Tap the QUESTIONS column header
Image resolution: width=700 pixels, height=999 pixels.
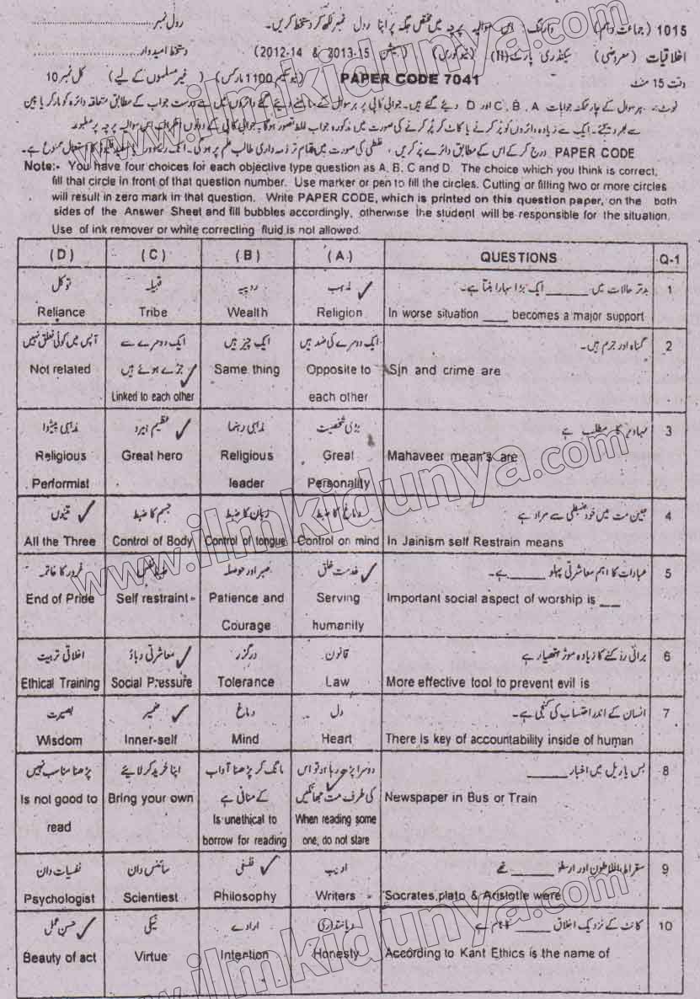[x=518, y=258]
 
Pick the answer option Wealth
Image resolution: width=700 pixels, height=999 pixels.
[x=247, y=313]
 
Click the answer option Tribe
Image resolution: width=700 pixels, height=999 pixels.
[x=152, y=313]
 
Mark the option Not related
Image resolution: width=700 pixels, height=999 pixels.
[x=60, y=369]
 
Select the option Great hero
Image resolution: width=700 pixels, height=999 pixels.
[x=152, y=456]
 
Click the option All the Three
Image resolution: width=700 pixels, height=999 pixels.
[x=60, y=542]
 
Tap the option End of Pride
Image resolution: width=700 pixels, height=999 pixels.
[x=60, y=599]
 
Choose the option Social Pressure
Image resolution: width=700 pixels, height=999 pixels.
[x=152, y=682]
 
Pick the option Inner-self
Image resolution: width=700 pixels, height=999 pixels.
[x=152, y=740]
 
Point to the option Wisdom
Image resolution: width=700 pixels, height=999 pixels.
[x=60, y=740]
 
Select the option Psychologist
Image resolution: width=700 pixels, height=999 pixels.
[x=60, y=898]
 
